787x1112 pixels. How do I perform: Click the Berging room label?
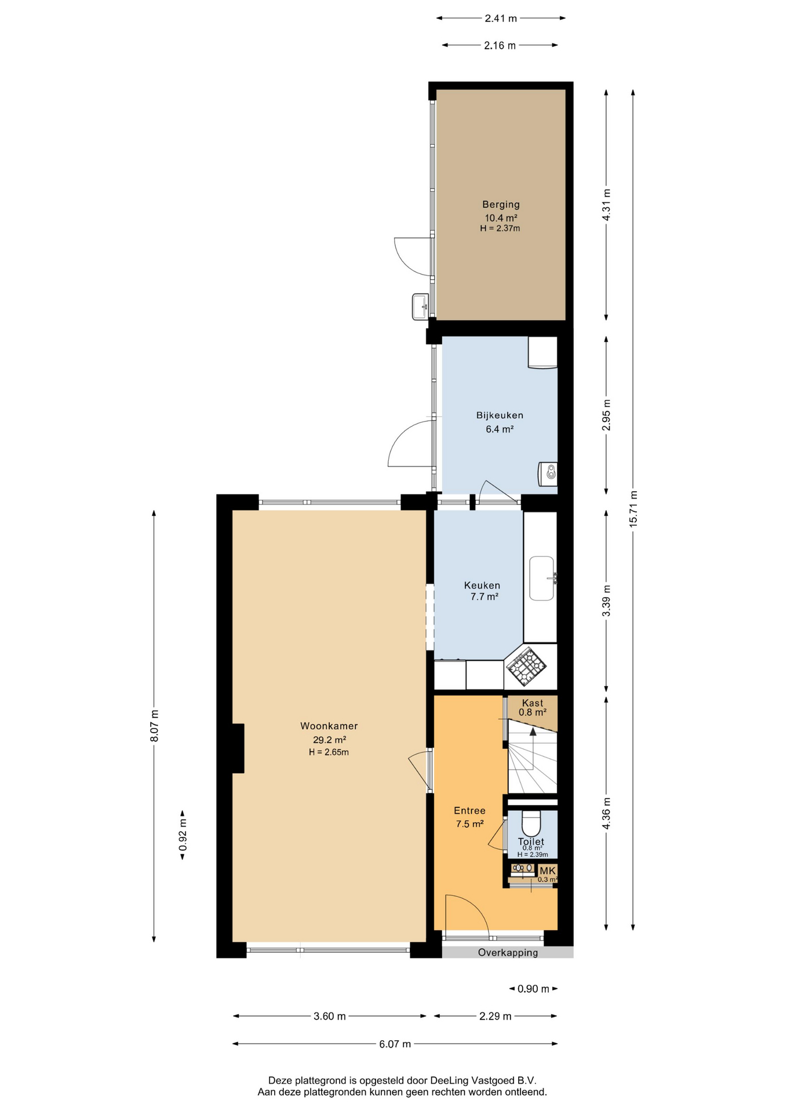tap(501, 204)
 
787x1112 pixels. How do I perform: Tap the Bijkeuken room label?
tap(500, 415)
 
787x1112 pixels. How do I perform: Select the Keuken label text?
tap(482, 586)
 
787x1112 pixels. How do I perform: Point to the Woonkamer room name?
tap(329, 726)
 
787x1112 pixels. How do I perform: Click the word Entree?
tap(469, 811)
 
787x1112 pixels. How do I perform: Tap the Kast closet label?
tap(533, 703)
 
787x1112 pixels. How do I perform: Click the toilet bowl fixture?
tap(531, 822)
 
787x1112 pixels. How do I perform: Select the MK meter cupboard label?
tap(548, 871)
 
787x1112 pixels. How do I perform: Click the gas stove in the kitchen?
tap(526, 666)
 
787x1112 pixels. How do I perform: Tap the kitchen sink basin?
tap(541, 579)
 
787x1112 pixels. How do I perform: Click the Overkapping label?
tap(508, 953)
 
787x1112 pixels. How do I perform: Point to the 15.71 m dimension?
tap(633, 509)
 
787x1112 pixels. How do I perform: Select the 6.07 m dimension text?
tap(395, 1044)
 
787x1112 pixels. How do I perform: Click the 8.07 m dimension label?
tap(154, 726)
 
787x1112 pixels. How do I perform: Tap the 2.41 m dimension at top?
tap(501, 19)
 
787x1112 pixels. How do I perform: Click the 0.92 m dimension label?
tap(183, 835)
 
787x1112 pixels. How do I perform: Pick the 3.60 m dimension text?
tap(330, 1016)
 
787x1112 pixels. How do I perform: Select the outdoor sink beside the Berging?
tap(420, 306)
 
